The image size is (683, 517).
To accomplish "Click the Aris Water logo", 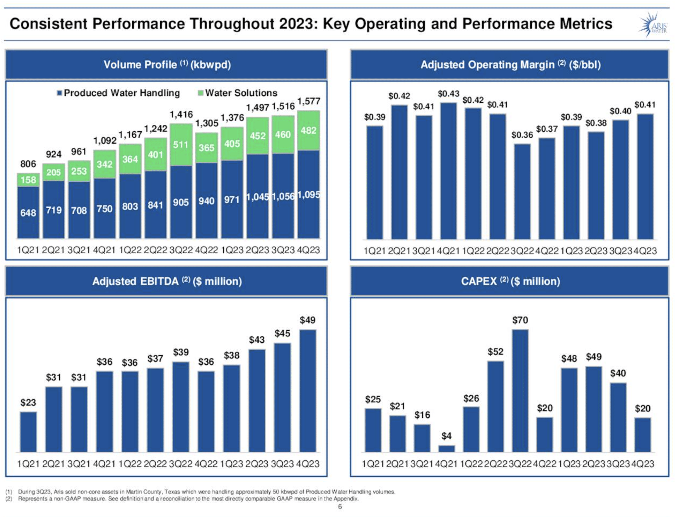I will coord(654,25).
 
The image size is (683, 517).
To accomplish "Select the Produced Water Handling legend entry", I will coord(119,93).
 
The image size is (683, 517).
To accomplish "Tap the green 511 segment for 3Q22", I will coord(181,144).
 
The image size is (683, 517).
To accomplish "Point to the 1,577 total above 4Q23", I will coord(308,102).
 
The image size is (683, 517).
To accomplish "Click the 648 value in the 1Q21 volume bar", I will coord(28,212).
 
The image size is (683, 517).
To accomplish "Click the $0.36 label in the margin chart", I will coord(522,135).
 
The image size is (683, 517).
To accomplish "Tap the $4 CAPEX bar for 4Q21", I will coord(446,448).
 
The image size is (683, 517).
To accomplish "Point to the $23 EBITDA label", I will coord(28,402).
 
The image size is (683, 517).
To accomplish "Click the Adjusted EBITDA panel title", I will coord(167,281).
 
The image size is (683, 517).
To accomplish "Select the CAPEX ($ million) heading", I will coord(510,281).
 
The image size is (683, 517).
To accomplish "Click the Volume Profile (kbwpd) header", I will coord(167,65).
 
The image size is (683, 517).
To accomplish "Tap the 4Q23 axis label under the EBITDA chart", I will coord(308,464).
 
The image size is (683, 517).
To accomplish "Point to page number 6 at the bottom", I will coord(340,507).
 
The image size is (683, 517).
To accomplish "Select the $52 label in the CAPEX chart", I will coord(495,352).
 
